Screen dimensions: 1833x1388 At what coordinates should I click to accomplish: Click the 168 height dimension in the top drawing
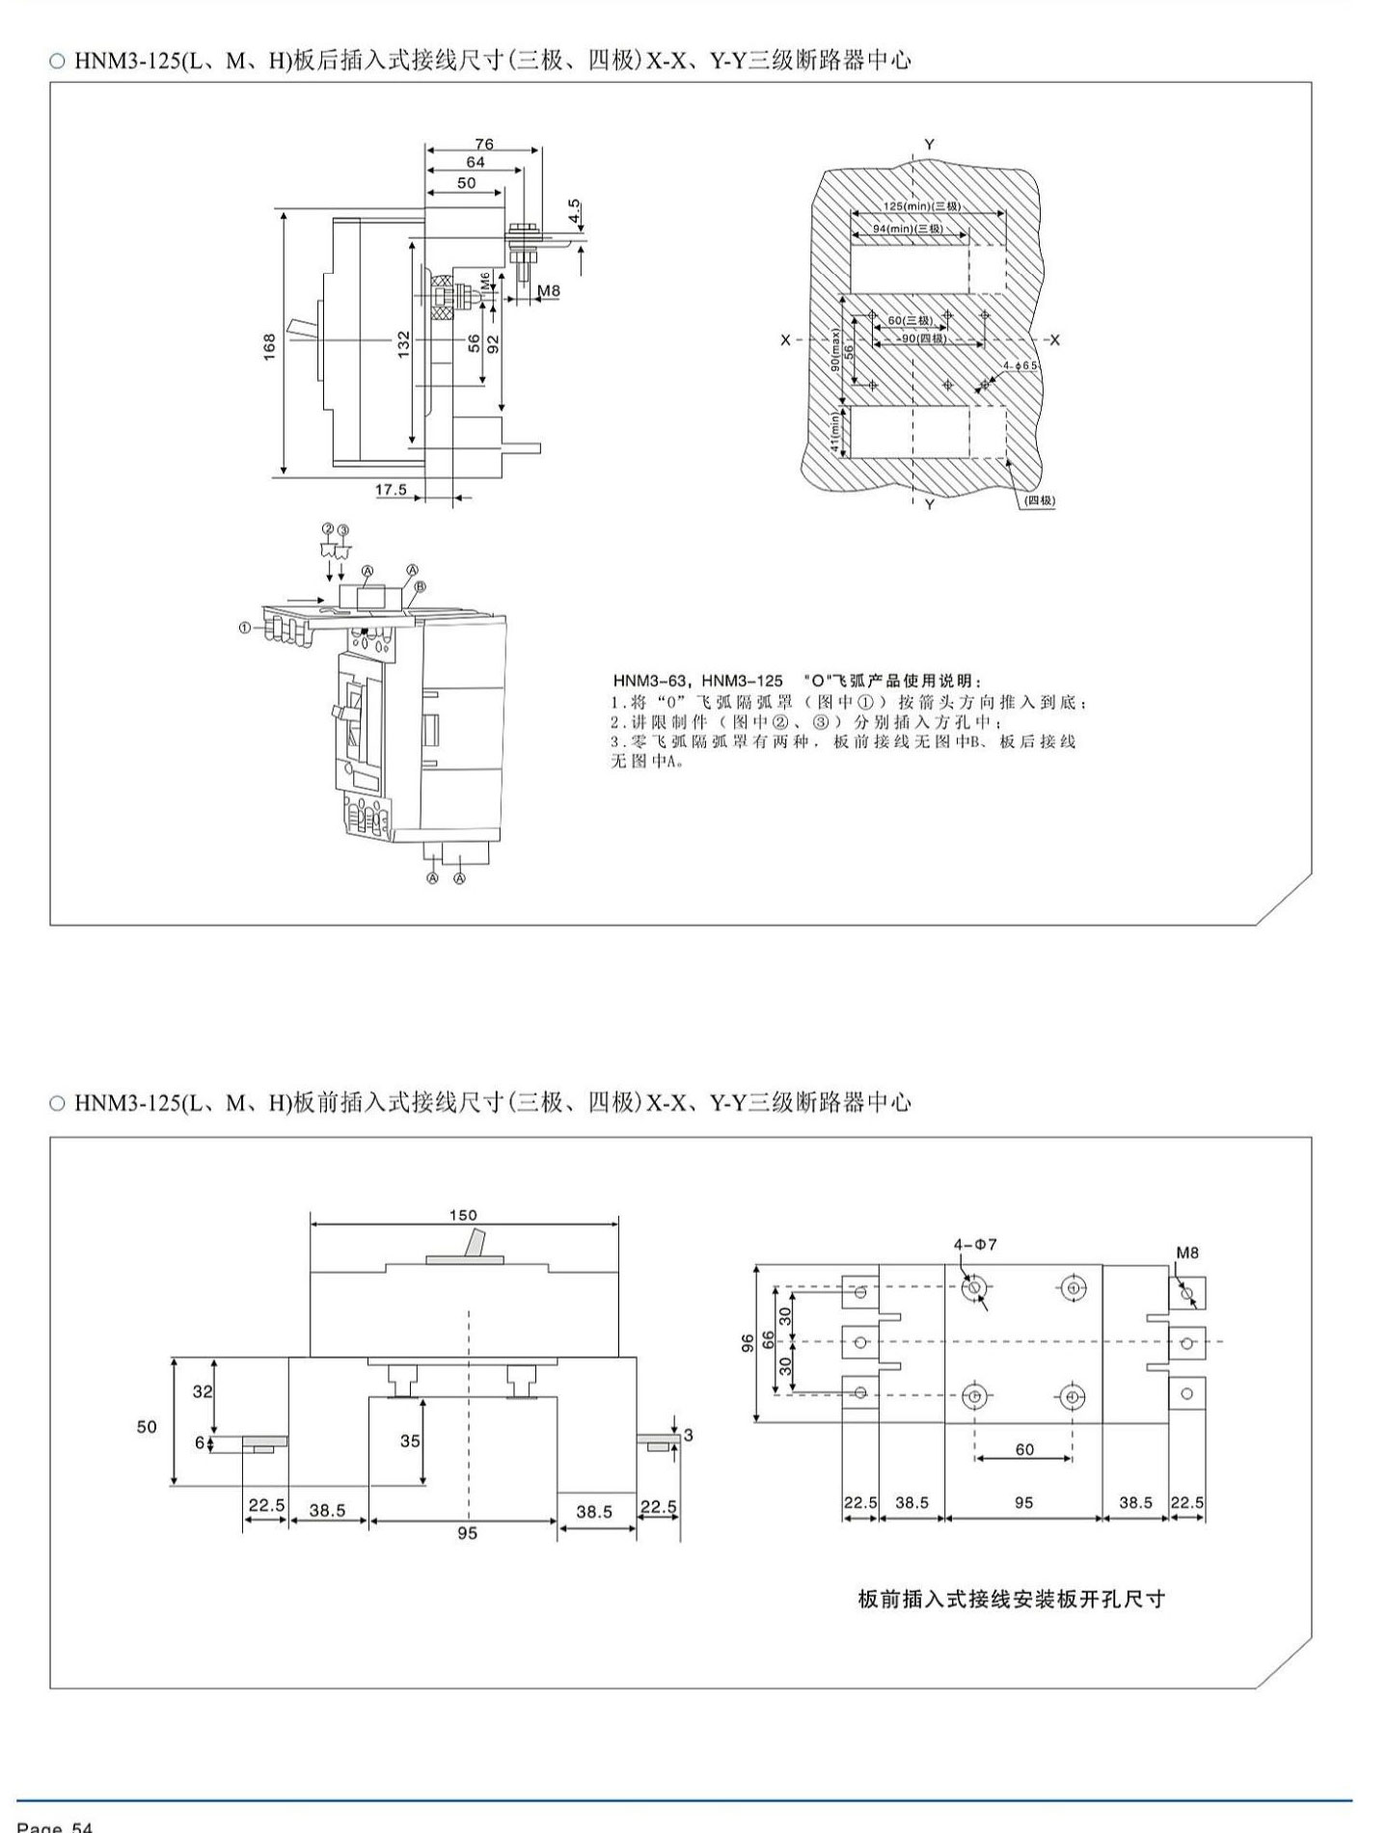click(x=270, y=344)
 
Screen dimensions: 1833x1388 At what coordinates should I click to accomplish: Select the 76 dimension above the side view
click(x=484, y=144)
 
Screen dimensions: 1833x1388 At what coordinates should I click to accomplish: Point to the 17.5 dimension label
click(x=391, y=490)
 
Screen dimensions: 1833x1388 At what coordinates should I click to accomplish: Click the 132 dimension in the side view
click(x=404, y=342)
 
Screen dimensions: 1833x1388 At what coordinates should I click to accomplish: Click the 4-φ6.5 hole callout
click(x=1020, y=366)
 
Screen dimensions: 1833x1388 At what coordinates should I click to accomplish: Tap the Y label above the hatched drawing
click(x=929, y=145)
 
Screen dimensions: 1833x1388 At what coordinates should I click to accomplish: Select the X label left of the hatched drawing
click(x=786, y=340)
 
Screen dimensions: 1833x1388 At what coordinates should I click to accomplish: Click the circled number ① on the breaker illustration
click(x=245, y=628)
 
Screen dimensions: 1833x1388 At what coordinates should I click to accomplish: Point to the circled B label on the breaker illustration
click(x=421, y=586)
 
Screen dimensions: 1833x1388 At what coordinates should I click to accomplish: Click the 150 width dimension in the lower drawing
click(x=463, y=1215)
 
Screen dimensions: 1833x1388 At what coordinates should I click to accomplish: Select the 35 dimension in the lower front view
click(x=410, y=1441)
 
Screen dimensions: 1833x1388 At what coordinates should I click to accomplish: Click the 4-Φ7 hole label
click(x=975, y=1245)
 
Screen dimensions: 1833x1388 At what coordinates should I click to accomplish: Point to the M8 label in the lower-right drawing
click(x=1187, y=1253)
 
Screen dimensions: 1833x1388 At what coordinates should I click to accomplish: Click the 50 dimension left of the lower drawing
click(x=147, y=1426)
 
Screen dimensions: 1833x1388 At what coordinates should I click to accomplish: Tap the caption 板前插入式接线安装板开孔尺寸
click(x=1011, y=1599)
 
